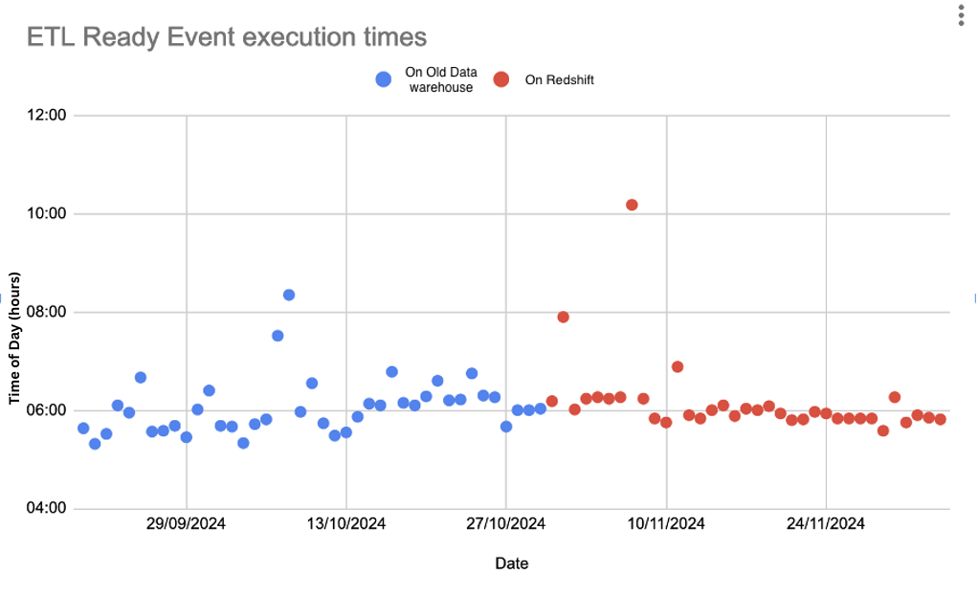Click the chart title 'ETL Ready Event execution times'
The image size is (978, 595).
(227, 37)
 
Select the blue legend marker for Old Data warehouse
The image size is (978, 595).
(384, 79)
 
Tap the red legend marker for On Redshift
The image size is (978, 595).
(500, 79)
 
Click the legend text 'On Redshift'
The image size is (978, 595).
(559, 80)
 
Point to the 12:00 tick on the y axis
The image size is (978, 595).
(47, 115)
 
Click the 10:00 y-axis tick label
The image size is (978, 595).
(47, 213)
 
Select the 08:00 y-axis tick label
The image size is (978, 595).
(47, 312)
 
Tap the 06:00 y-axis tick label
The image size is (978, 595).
(47, 410)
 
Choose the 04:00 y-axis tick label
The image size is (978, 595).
(47, 508)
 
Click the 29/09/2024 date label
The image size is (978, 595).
(187, 523)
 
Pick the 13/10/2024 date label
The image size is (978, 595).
(346, 523)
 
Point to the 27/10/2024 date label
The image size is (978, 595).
(506, 523)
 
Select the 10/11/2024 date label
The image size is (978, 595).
(666, 523)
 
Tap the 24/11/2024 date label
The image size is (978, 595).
(826, 523)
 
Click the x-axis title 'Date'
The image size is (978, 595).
(511, 563)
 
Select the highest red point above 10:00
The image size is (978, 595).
(632, 205)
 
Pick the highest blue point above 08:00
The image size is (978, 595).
(289, 295)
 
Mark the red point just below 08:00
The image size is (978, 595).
(564, 317)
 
